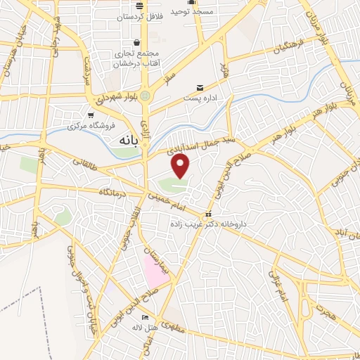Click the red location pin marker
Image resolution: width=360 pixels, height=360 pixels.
point(181,167)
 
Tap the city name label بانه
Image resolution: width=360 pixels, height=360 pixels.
point(122,141)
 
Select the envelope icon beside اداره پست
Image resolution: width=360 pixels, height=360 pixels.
point(201,87)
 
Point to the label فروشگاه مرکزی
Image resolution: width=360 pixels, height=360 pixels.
point(92,127)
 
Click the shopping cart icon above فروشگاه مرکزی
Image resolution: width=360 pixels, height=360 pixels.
point(90,115)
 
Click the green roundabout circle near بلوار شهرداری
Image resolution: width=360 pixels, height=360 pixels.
point(146,94)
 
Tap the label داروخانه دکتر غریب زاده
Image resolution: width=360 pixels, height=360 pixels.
point(206,223)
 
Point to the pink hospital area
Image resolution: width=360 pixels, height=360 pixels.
point(157,270)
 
